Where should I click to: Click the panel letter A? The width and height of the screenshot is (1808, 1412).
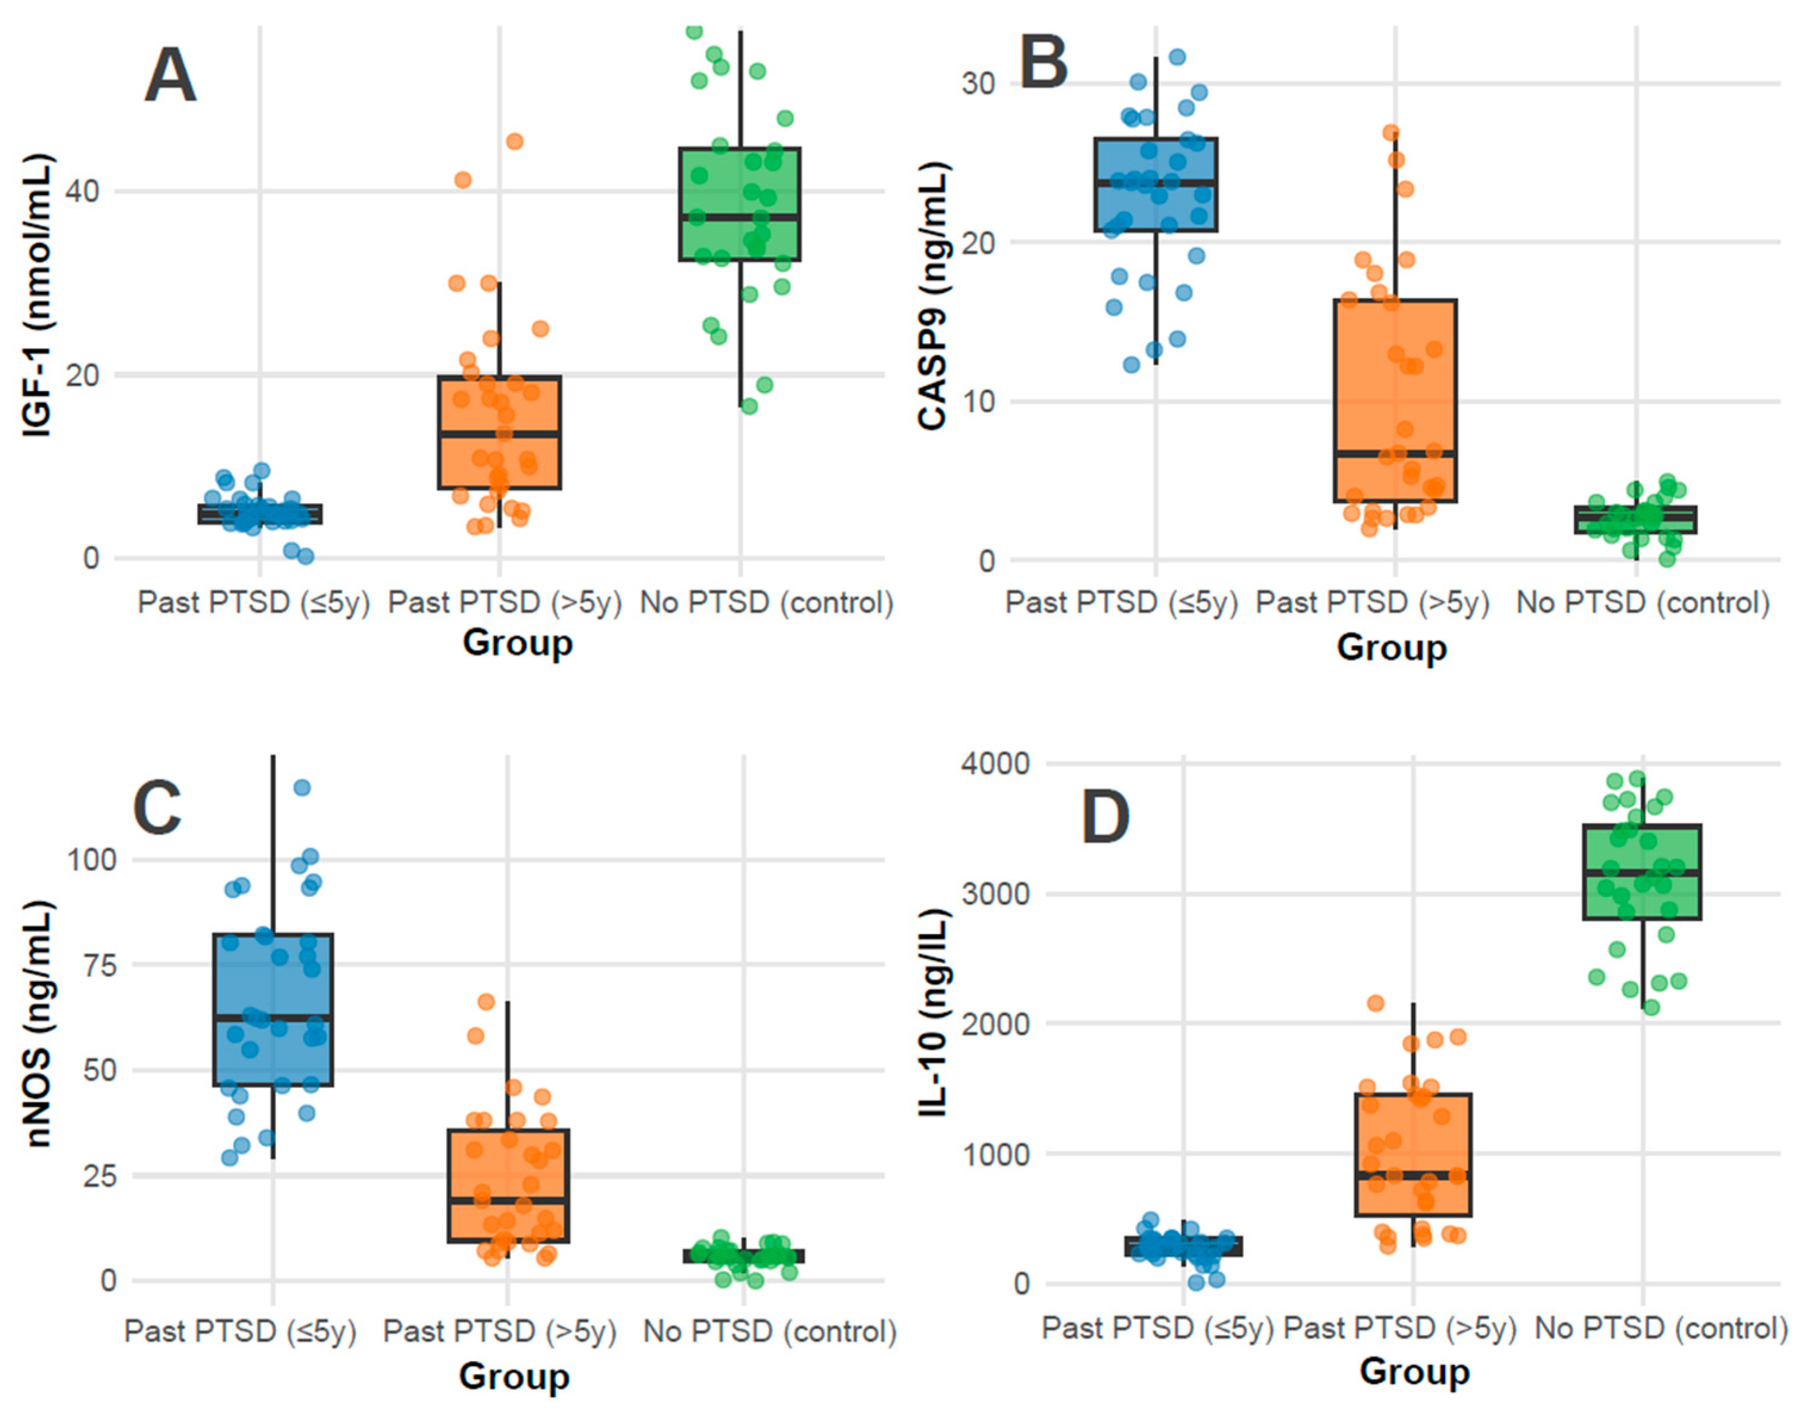point(170,76)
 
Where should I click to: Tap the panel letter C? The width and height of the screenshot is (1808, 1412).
point(157,808)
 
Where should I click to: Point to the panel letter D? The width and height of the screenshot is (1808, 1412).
point(1105,817)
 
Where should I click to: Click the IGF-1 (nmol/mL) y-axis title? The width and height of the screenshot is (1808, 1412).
point(38,296)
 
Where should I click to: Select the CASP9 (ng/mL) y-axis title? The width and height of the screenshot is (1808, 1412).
point(934,296)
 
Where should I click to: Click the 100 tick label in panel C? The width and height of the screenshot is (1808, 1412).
point(91,859)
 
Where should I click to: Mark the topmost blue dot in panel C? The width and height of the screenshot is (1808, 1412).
point(302,787)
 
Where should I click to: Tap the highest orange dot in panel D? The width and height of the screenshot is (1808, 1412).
point(1375,1004)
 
